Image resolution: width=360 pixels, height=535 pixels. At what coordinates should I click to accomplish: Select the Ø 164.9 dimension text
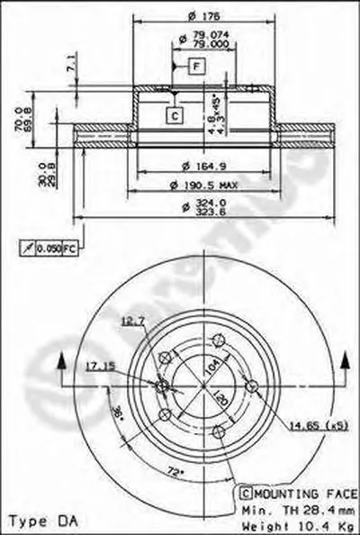[x=200, y=165]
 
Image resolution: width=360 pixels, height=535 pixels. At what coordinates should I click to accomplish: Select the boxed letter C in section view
[x=174, y=114]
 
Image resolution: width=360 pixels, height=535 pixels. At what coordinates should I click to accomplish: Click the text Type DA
[x=33, y=521]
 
